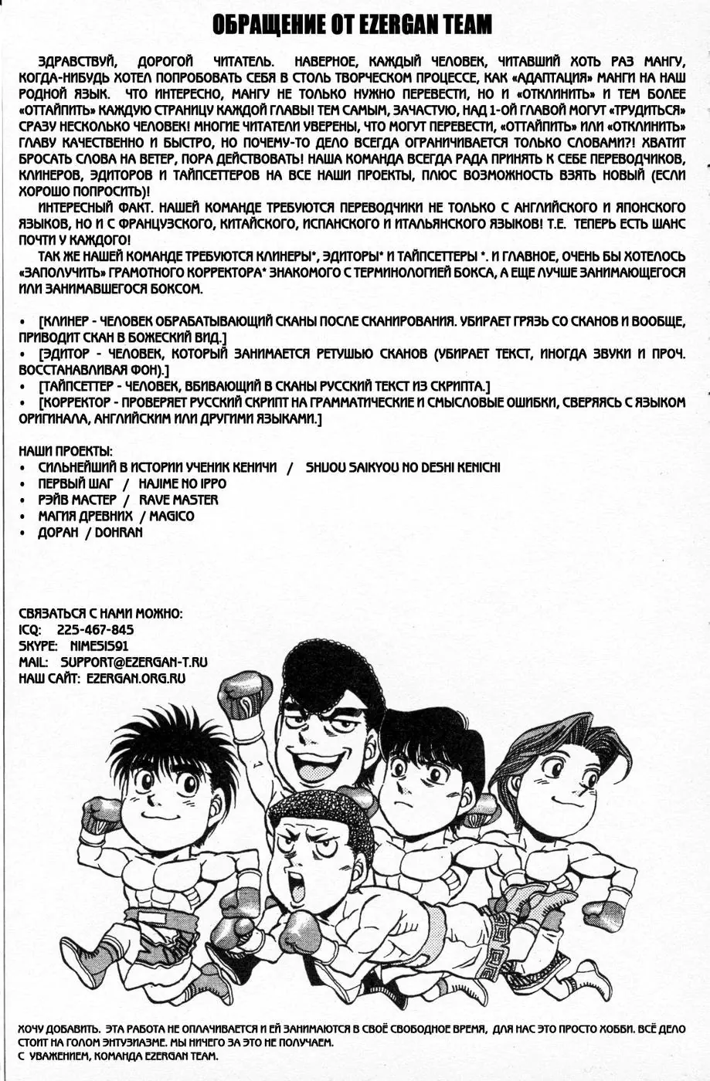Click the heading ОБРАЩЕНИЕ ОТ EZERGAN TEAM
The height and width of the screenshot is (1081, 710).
pos(352,27)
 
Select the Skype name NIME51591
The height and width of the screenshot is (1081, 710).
pos(99,646)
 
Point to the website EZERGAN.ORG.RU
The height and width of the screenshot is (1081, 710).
pos(136,679)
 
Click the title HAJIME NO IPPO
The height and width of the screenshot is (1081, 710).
pos(182,484)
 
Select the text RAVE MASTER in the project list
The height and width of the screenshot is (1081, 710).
pos(178,500)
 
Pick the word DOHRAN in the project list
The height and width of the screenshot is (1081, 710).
pos(119,533)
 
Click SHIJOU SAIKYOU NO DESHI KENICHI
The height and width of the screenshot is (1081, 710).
pos(403,468)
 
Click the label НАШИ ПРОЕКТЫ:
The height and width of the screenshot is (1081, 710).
pos(65,451)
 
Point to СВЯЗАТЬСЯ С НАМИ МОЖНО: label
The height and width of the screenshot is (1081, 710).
pos(100,614)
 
